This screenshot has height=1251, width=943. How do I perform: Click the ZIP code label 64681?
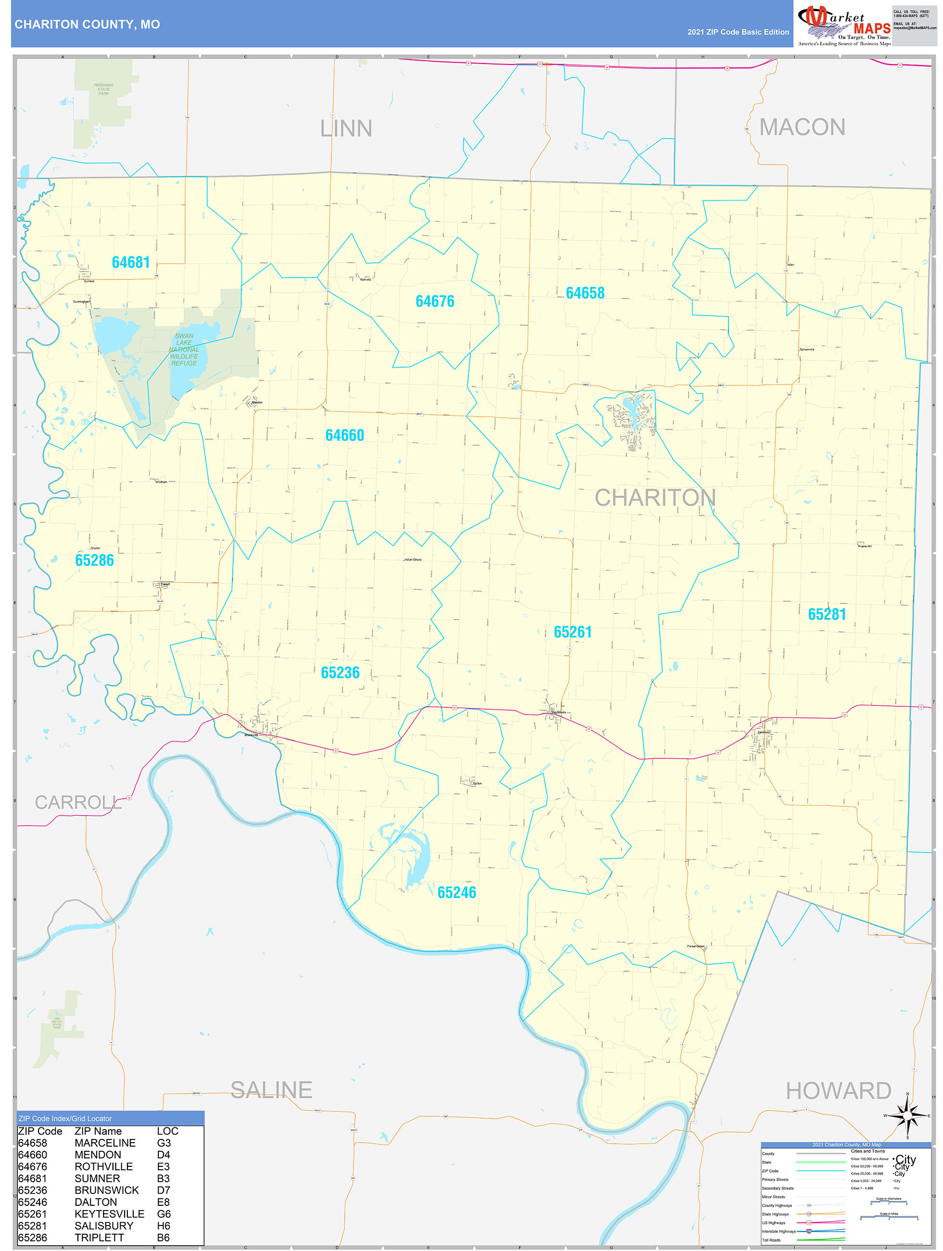pos(131,262)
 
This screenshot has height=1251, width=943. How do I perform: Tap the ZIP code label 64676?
pos(435,301)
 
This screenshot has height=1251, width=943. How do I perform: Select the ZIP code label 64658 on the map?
pos(585,293)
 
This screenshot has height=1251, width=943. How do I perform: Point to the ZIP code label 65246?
pos(457,893)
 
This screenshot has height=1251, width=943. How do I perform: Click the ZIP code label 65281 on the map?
pos(827,614)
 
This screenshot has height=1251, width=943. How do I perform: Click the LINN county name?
pos(346,128)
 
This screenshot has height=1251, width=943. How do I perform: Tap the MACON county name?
pos(802,127)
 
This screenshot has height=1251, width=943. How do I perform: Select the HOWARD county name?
pos(839,1091)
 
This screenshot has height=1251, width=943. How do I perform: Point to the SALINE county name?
pos(271,1090)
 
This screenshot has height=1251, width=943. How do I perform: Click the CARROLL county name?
pos(78,803)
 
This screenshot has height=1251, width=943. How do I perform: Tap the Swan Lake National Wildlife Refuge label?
pos(184,349)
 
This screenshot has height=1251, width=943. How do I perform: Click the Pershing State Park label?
pos(103,89)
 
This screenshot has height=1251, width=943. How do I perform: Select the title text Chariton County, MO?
pos(87,25)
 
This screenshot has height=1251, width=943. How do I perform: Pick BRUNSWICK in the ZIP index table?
pos(106,1190)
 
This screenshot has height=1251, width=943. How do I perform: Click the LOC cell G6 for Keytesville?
pos(164,1213)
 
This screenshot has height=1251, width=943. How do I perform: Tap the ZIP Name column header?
pos(98,1131)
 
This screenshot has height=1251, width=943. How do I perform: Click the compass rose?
pos(907,1116)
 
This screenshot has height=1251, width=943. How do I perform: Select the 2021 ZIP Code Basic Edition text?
pos(738,32)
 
